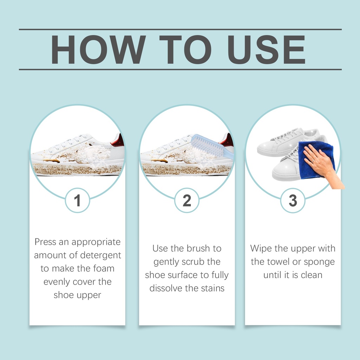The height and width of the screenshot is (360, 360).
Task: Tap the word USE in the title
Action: (x=266, y=49)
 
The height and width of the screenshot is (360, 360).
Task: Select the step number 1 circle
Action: (x=77, y=200)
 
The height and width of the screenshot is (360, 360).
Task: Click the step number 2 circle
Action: (x=187, y=200)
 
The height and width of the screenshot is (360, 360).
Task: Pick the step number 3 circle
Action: (x=293, y=200)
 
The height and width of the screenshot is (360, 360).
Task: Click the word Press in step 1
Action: (x=45, y=242)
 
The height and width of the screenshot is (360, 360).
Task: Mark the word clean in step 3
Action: (x=311, y=275)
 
